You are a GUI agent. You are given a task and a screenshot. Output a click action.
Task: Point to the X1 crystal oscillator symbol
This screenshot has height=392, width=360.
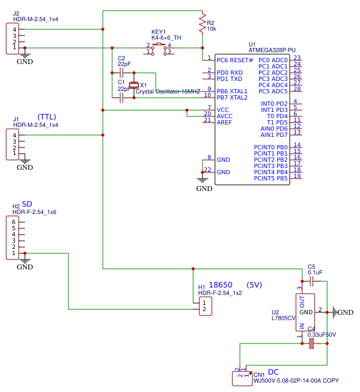click(x=133, y=85)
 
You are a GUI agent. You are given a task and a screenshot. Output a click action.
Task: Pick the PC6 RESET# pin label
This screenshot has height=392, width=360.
click(x=235, y=60)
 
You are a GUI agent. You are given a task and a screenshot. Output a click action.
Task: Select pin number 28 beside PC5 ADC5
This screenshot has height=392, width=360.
click(x=297, y=89)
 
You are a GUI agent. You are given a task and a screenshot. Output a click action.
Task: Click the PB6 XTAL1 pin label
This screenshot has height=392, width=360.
click(x=232, y=91)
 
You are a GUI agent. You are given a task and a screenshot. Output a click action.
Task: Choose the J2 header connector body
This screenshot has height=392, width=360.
click(x=12, y=39)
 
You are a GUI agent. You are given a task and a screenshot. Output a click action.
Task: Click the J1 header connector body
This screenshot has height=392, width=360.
click(x=12, y=144)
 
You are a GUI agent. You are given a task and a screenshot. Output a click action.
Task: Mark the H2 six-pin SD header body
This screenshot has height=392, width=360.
click(x=12, y=238)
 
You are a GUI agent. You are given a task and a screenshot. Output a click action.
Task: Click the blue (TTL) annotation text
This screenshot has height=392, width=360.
click(x=47, y=117)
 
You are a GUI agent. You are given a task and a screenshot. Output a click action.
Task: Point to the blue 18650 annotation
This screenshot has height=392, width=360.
click(x=220, y=285)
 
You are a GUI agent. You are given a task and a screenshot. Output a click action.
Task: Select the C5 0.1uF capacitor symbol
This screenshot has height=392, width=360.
click(x=311, y=281)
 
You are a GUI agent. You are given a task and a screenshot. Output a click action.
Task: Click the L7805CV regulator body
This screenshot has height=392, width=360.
click(x=305, y=311)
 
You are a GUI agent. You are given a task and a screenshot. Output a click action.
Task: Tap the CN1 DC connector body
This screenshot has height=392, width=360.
click(x=241, y=376)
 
